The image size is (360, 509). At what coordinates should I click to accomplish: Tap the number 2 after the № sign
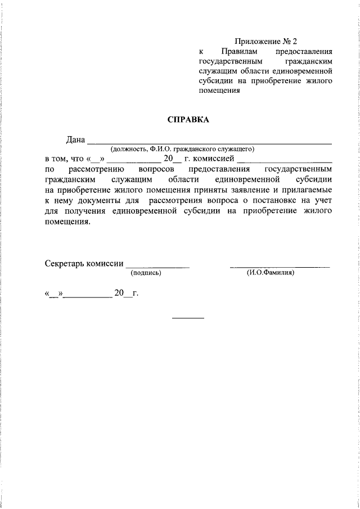click(293, 41)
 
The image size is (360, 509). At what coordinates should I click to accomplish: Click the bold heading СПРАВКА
click(188, 119)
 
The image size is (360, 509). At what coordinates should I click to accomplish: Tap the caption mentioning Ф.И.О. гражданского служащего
click(183, 149)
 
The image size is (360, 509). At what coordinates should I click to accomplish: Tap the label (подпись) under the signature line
click(146, 273)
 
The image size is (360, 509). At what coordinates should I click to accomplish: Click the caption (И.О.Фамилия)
click(271, 273)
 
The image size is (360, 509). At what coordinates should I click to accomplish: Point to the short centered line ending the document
click(188, 319)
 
